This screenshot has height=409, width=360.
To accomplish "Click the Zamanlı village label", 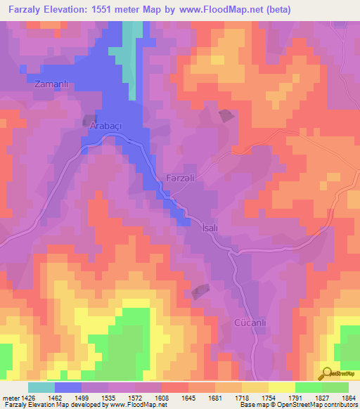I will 50,84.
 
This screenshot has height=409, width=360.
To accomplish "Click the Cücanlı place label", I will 250,323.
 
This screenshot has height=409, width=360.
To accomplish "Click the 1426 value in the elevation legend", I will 22,398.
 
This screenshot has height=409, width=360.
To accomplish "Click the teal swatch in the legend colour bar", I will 41,387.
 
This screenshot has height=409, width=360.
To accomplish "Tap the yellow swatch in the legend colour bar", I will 282,387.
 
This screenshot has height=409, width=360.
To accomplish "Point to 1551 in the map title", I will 108,10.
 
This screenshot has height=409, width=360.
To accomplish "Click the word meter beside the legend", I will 11,398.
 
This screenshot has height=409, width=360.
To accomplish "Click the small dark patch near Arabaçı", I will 89,120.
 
